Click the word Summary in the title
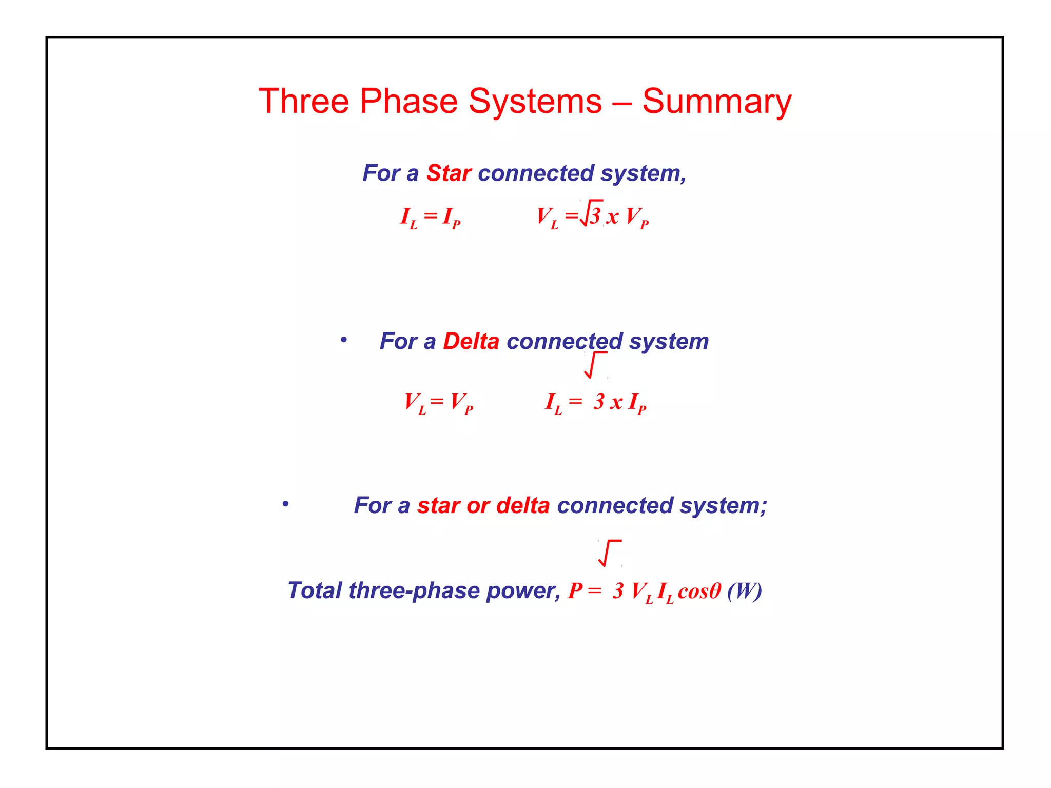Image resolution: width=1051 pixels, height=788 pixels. (716, 102)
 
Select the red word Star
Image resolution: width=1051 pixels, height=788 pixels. (449, 173)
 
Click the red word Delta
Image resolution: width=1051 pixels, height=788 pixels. (471, 341)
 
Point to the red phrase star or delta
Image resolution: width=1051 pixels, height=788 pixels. (483, 505)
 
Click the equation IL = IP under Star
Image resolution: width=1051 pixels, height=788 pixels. (430, 217)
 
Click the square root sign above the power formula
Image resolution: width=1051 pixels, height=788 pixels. (609, 553)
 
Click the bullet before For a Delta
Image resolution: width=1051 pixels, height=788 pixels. (344, 340)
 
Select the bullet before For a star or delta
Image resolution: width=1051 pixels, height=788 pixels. (285, 504)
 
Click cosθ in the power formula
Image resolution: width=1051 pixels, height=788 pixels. (699, 591)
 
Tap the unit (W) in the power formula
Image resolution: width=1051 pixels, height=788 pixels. (744, 590)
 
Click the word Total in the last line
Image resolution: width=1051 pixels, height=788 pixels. (314, 590)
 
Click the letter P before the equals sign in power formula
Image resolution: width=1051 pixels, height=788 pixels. (575, 590)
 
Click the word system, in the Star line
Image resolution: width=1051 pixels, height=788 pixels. (643, 173)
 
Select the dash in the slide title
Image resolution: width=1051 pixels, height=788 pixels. (621, 102)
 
